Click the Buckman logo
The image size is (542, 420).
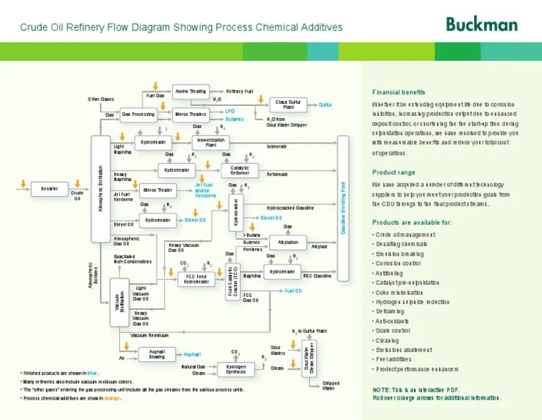[x=481, y=24]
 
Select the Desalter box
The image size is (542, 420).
[x=49, y=189]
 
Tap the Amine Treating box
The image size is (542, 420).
[x=190, y=91]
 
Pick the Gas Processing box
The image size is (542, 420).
[x=138, y=114]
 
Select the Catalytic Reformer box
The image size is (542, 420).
[x=239, y=170]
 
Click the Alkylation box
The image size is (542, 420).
[x=288, y=243]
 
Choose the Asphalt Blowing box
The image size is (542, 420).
[x=157, y=354]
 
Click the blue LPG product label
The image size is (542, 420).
[x=230, y=111]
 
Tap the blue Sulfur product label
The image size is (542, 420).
[x=325, y=105]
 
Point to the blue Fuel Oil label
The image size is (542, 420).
[x=293, y=291]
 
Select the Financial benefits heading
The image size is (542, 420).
[x=399, y=92]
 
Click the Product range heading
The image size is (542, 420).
[x=394, y=173]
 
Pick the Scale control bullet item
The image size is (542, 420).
[x=393, y=330]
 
